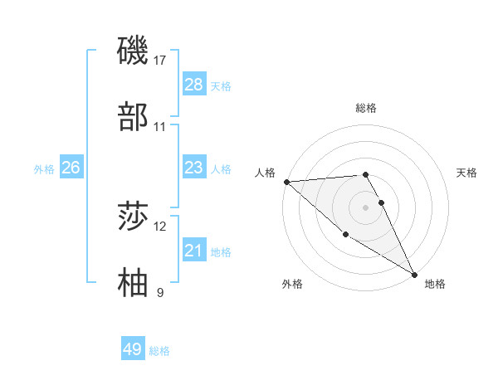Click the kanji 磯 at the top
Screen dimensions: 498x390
pyautogui.click(x=133, y=51)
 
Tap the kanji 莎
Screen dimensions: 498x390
pyautogui.click(x=133, y=217)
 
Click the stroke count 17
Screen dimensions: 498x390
pyautogui.click(x=160, y=60)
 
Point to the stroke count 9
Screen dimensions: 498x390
pyautogui.click(x=160, y=292)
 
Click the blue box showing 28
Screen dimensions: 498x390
pyautogui.click(x=194, y=85)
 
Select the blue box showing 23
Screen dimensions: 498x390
pyautogui.click(x=194, y=168)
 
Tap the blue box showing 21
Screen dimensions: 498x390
pyautogui.click(x=194, y=251)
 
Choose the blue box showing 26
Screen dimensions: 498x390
pyautogui.click(x=71, y=168)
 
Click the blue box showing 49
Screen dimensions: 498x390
pyautogui.click(x=133, y=349)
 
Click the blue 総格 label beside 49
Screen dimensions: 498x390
pyautogui.click(x=159, y=351)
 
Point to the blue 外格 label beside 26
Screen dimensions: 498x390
pyautogui.click(x=44, y=168)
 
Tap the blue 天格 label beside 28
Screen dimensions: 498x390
pyautogui.click(x=221, y=85)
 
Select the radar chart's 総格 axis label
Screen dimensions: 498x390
pyautogui.click(x=366, y=108)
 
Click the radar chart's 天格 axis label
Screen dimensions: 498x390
pyautogui.click(x=467, y=173)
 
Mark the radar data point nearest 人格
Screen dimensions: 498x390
pyautogui.click(x=286, y=182)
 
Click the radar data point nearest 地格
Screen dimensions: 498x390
pyautogui.click(x=414, y=274)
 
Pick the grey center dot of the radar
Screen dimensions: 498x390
pyautogui.click(x=366, y=207)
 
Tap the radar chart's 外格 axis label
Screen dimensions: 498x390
pyautogui.click(x=292, y=284)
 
